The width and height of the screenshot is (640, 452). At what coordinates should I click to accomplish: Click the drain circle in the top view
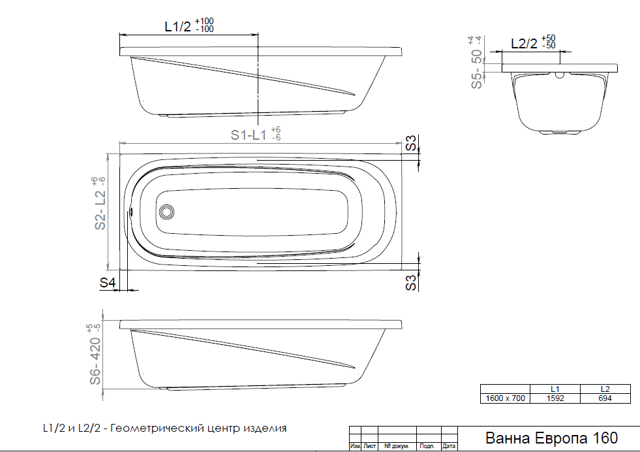166,212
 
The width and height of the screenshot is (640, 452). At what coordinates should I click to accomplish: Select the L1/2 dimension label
177,27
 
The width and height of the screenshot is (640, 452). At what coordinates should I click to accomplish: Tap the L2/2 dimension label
524,43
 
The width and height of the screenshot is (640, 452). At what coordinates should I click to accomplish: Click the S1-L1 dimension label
248,135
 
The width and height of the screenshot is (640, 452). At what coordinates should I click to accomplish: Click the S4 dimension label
108,282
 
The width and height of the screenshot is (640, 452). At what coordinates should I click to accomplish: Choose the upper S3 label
411,143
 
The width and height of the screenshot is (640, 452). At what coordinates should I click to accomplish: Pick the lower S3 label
411,282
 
